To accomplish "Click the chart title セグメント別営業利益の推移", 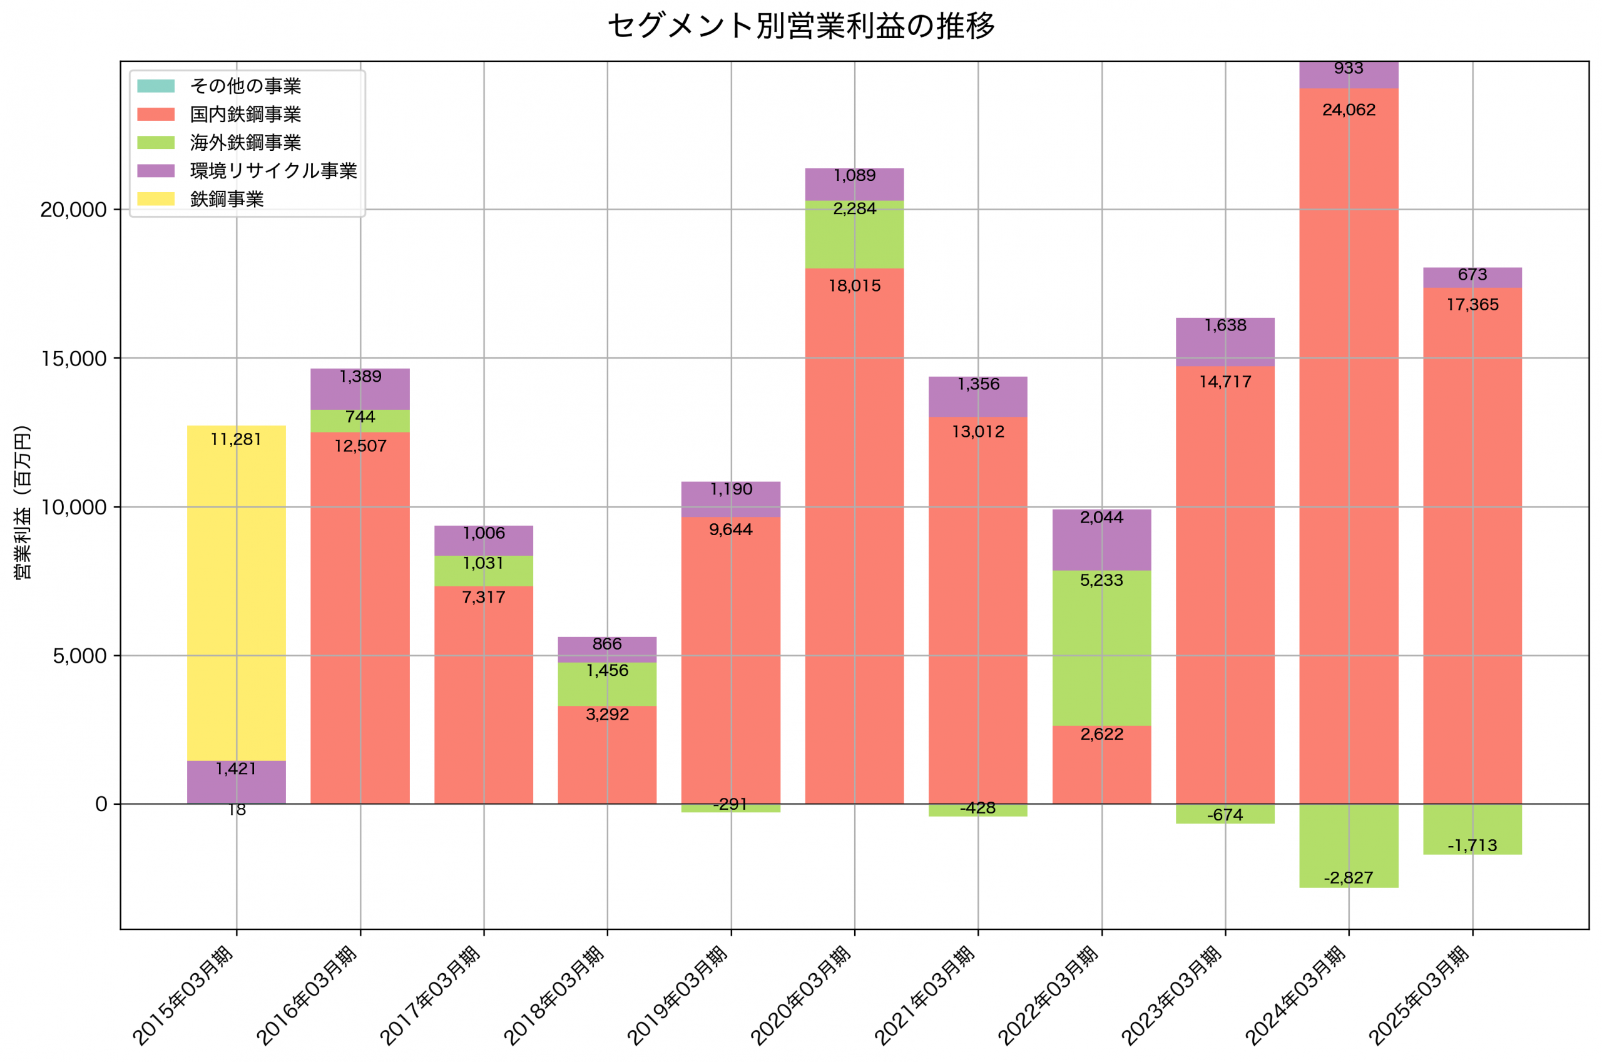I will [x=800, y=26].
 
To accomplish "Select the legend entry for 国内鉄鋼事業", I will [x=245, y=115].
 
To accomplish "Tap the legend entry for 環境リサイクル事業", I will [x=273, y=171].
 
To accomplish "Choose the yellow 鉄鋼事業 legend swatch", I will [x=156, y=199].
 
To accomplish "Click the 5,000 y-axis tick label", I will [x=79, y=656].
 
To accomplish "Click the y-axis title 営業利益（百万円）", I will [x=23, y=502].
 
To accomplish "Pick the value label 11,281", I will [x=236, y=439].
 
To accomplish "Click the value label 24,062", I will [x=1349, y=110].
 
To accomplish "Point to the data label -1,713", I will [x=1472, y=846].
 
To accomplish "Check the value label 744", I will [x=360, y=417].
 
